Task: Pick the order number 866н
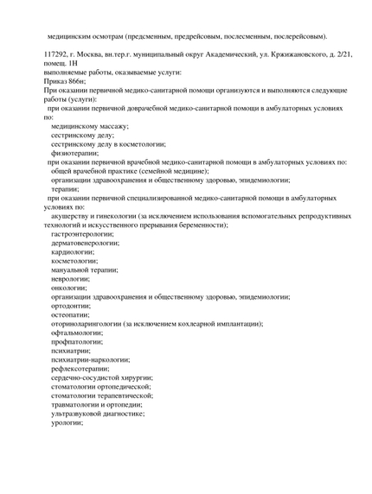pos(73,81)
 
